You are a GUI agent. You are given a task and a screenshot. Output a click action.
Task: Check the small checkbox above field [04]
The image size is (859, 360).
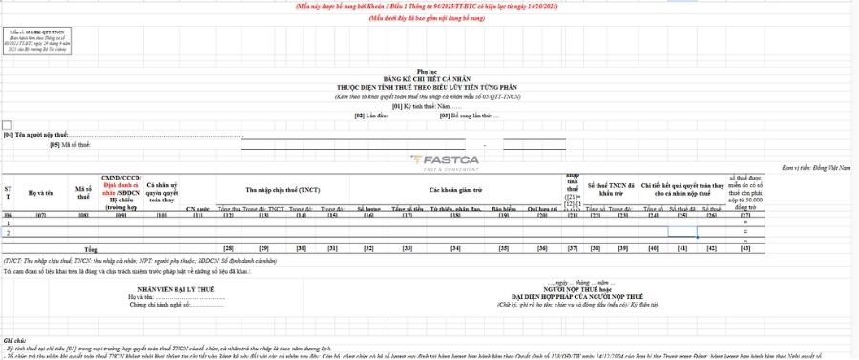point(8,125)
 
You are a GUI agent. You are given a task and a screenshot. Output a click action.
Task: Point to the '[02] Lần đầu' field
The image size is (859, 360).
point(371,116)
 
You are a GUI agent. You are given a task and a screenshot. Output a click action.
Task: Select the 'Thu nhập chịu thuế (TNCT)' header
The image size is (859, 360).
point(283,190)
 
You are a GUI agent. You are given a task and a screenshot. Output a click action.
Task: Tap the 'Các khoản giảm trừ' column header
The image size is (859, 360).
point(453,190)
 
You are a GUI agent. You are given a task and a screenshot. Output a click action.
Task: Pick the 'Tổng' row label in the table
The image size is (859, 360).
point(92,248)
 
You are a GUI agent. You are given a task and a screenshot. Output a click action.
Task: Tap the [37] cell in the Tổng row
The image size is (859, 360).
point(573,248)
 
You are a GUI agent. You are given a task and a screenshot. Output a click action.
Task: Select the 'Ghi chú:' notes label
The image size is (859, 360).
point(13,340)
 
